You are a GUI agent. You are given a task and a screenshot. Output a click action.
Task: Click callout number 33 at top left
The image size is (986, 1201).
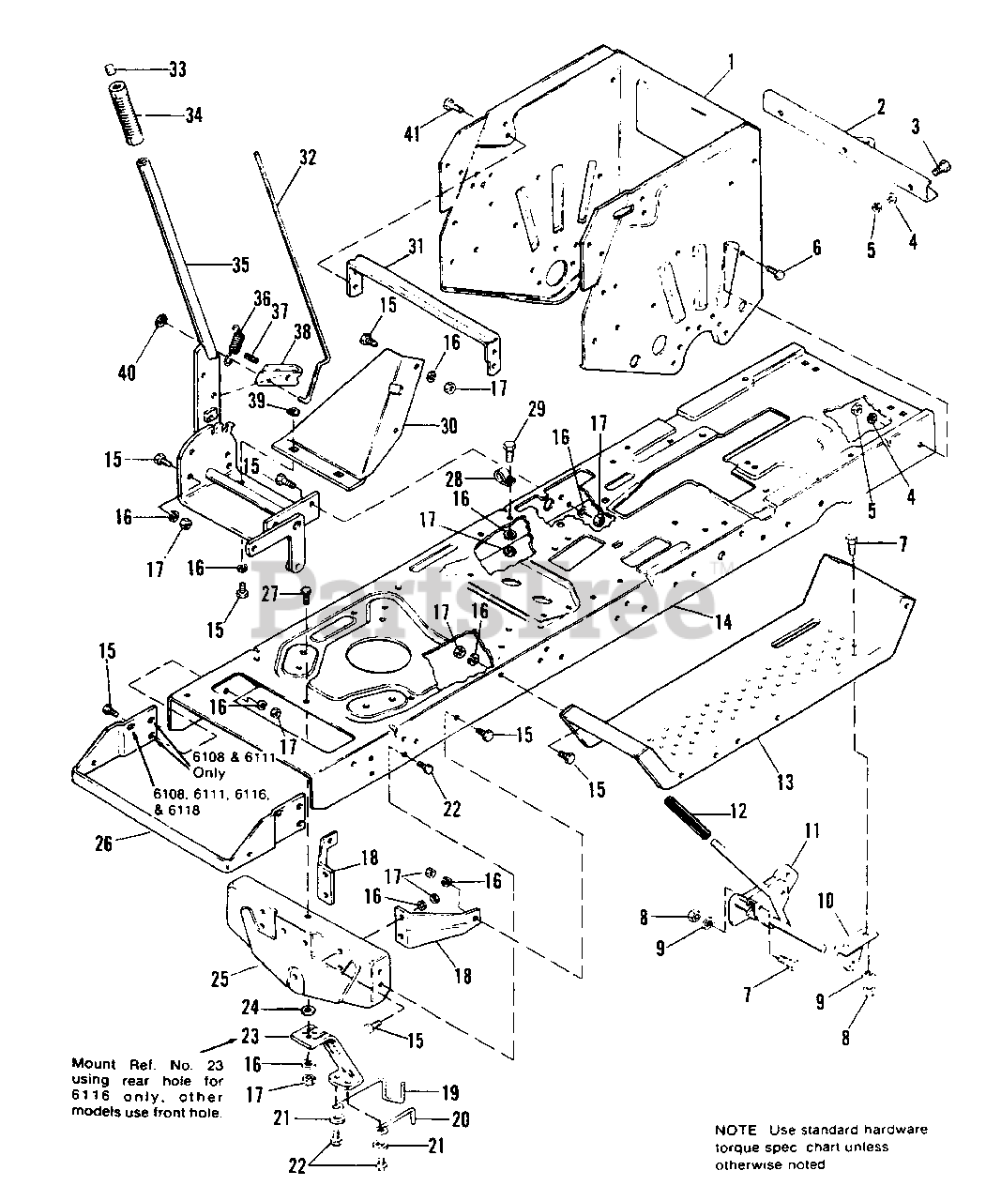177,69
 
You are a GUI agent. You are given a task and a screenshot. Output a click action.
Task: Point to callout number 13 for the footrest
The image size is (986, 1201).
784,781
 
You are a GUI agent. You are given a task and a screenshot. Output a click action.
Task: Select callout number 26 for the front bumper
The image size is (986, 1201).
103,844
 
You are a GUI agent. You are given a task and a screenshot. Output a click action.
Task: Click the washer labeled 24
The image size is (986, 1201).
308,1009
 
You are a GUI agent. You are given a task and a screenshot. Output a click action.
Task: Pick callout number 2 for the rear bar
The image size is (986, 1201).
880,107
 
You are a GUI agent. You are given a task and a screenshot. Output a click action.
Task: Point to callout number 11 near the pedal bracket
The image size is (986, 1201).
812,830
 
